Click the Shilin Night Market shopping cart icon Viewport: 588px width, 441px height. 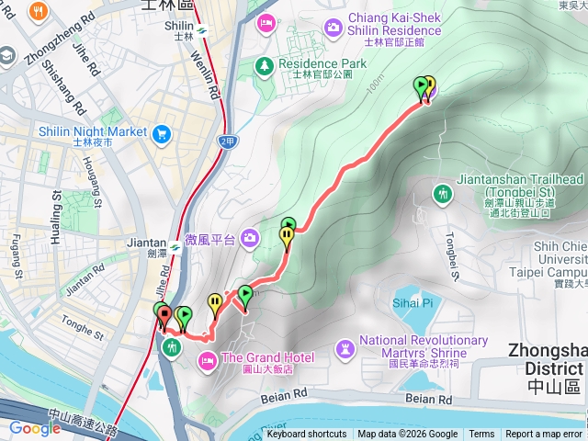pos(162,132)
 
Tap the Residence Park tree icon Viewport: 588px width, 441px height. pos(265,64)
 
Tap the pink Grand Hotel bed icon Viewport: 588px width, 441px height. pos(208,358)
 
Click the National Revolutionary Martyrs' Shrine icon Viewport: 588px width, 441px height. pos(345,348)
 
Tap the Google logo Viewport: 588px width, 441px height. pos(35,428)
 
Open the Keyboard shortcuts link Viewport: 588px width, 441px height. pos(306,435)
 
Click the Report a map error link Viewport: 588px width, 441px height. pos(545,435)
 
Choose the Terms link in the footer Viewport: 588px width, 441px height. pos(481,435)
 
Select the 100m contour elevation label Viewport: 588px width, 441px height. pos(373,85)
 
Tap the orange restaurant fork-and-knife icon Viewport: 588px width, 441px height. pos(40,12)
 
